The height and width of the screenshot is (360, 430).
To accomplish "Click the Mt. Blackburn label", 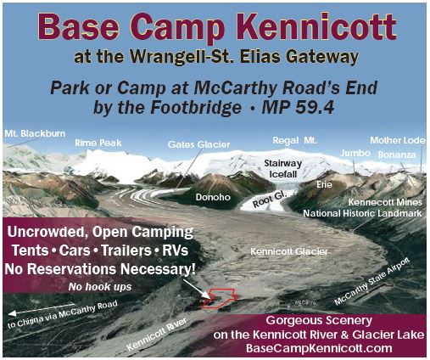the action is [35, 133].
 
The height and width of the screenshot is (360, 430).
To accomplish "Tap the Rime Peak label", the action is [98, 143].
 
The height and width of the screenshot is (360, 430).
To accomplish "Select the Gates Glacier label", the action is [198, 144].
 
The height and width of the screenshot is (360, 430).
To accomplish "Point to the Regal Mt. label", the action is [295, 140].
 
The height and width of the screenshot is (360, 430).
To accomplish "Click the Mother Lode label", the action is [398, 140].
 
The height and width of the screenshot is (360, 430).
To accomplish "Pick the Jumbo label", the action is [355, 153].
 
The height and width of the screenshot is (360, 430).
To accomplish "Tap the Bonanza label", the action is [397, 155].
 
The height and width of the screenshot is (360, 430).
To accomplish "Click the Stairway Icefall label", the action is [283, 169].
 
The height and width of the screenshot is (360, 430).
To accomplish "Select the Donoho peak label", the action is [213, 197].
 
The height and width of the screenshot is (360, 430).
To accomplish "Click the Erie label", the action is [324, 185].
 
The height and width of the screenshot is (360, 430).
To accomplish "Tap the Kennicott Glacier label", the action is [289, 251].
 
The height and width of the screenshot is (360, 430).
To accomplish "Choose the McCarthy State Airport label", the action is [371, 282].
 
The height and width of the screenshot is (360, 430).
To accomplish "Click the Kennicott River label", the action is [157, 334].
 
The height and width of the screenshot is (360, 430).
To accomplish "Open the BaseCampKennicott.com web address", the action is [319, 348].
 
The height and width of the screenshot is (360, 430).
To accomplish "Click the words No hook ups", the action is [100, 287].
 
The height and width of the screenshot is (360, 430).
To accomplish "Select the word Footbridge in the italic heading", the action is [196, 108].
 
